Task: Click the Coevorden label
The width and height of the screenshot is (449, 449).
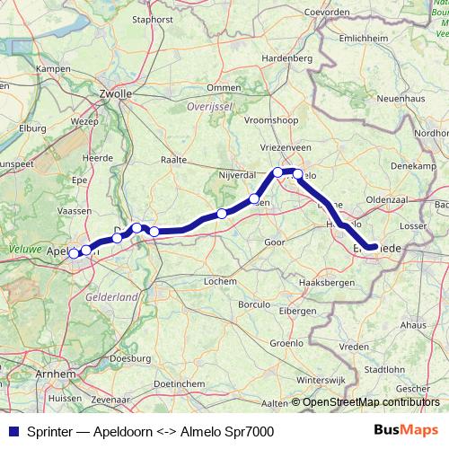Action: pos(326,11)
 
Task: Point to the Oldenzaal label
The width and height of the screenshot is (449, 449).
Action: pos(387,198)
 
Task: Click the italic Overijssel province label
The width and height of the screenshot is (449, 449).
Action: pos(209,106)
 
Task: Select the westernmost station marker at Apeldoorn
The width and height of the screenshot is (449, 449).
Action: pos(74,253)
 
